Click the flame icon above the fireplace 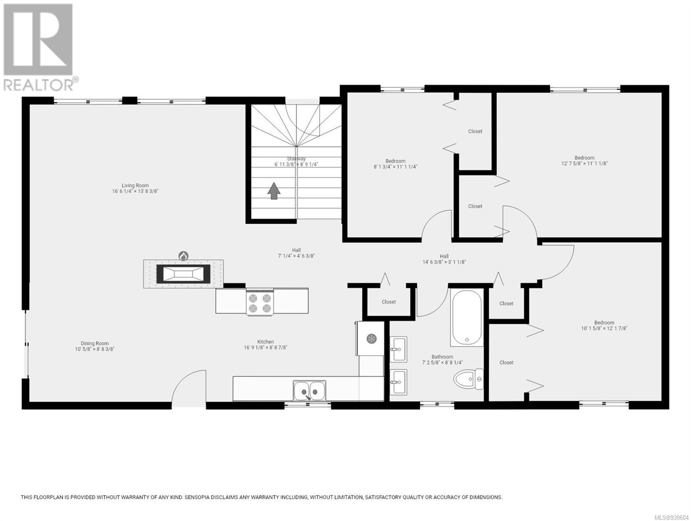[183, 256]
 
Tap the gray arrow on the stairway [274, 191]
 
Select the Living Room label [135, 185]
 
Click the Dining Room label [94, 343]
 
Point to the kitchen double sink [309, 390]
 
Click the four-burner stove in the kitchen [260, 302]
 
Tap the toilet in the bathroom [468, 379]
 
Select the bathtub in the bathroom [467, 317]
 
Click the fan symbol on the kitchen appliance [372, 339]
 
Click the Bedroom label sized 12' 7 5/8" [584, 158]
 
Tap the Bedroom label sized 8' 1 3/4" [395, 161]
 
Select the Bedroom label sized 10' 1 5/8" [604, 323]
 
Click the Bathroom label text [442, 357]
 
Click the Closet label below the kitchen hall [389, 302]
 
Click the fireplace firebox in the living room [183, 274]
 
